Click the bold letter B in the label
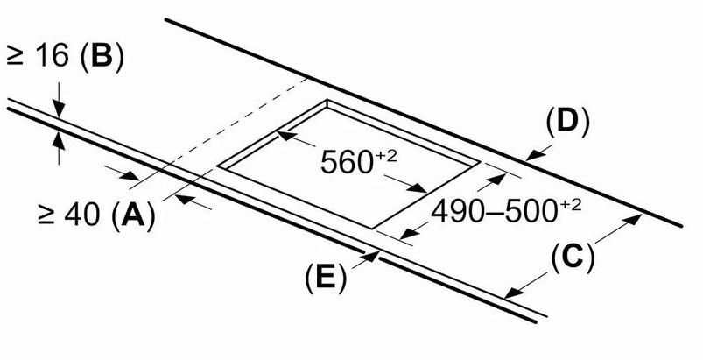pyautogui.click(x=102, y=58)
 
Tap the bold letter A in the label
pyautogui.click(x=133, y=215)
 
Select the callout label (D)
pyautogui.click(x=567, y=123)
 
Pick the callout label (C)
pyautogui.click(x=572, y=258)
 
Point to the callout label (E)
pyautogui.click(x=326, y=279)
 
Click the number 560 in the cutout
pyautogui.click(x=347, y=162)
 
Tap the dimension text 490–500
pyautogui.click(x=494, y=212)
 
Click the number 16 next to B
pyautogui.click(x=52, y=58)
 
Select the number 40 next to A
pyautogui.click(x=82, y=215)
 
